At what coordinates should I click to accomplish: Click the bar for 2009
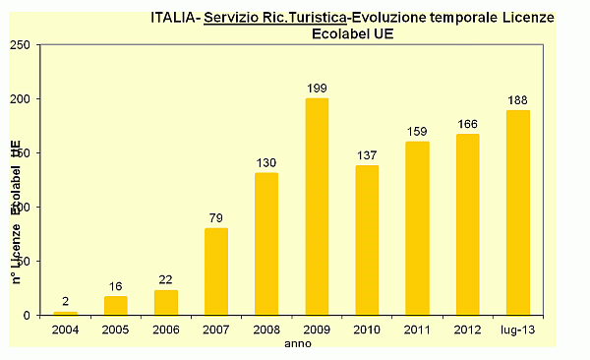[x=317, y=207]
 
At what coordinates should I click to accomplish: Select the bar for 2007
[x=215, y=271]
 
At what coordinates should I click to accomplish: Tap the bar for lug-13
[x=517, y=212]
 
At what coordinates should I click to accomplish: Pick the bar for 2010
[x=367, y=240]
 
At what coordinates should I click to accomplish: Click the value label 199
[x=317, y=89]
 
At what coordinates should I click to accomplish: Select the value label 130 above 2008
[x=266, y=163]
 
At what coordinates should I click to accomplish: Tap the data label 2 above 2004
[x=65, y=302]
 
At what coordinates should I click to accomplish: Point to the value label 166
[x=467, y=124]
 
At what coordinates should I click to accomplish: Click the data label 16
[x=115, y=286]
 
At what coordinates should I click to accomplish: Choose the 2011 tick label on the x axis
[x=417, y=329]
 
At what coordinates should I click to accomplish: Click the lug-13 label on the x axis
[x=517, y=329]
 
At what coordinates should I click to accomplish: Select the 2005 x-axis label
[x=115, y=329]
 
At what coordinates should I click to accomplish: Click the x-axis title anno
[x=297, y=344]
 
